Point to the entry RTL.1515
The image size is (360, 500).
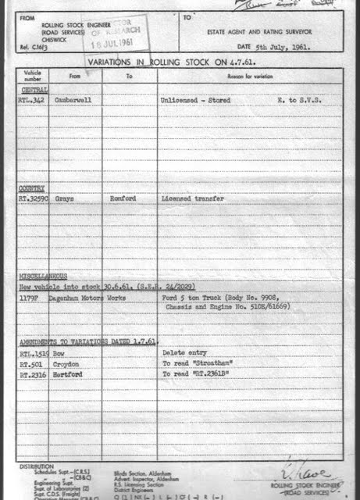pos(33,352)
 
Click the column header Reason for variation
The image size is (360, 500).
pos(249,76)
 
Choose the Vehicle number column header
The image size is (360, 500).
pos(32,76)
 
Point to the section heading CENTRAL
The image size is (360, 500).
pos(30,90)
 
